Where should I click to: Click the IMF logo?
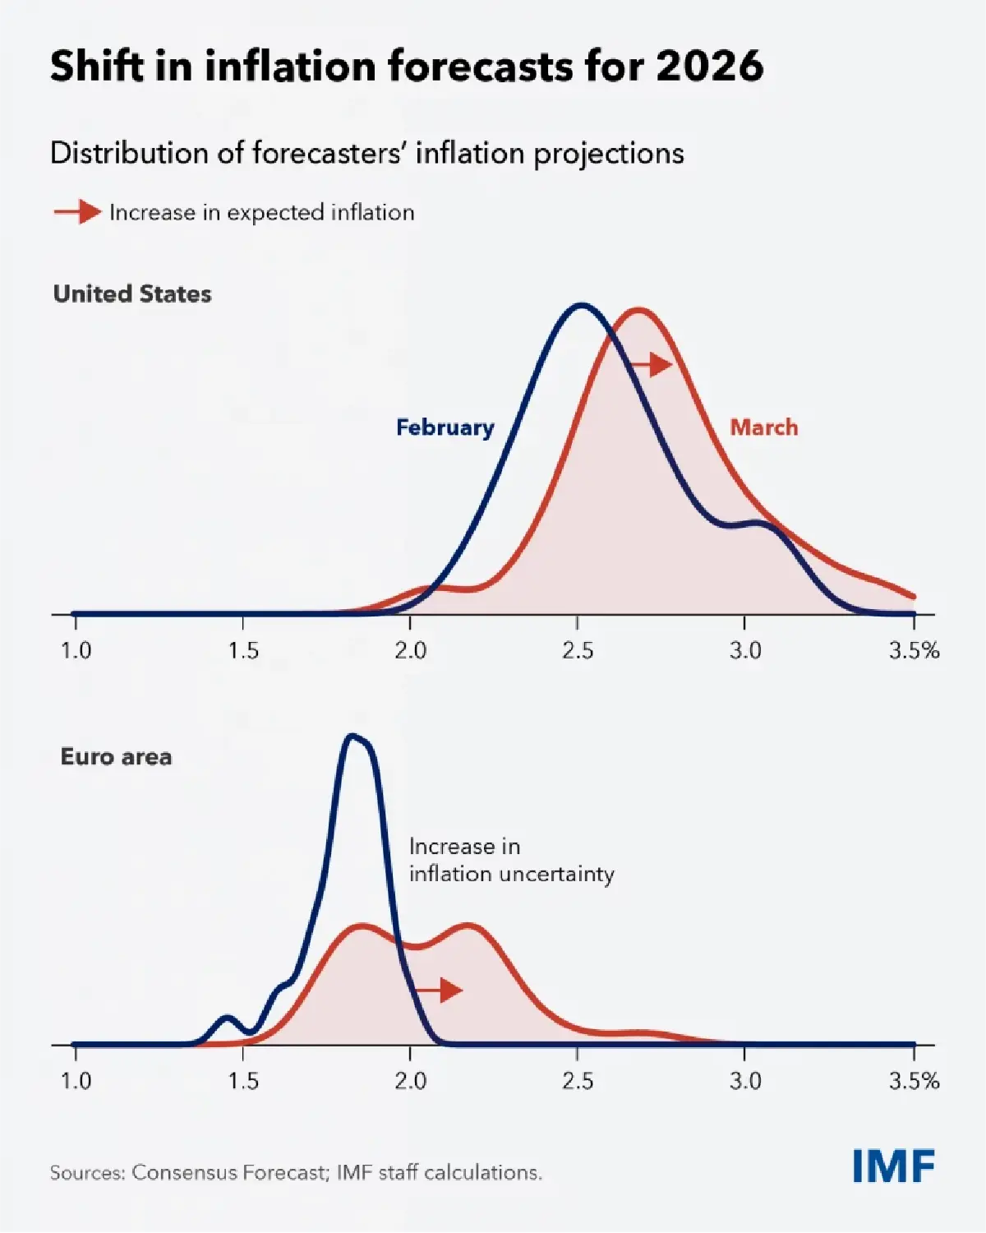(893, 1166)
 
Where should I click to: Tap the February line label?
(445, 427)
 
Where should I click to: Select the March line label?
(763, 427)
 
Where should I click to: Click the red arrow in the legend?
(77, 212)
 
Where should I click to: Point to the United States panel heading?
(132, 294)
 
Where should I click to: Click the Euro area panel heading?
(116, 756)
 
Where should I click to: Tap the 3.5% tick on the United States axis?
(914, 651)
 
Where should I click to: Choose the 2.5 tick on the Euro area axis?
(578, 1081)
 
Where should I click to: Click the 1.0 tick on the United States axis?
(76, 651)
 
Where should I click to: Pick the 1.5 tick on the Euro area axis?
(243, 1081)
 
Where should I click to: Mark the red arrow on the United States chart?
(652, 364)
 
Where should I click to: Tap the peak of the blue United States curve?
(581, 306)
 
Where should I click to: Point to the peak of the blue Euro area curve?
(353, 736)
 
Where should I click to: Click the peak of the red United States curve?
(638, 310)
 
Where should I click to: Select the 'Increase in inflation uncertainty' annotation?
(511, 860)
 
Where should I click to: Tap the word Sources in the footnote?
(85, 1172)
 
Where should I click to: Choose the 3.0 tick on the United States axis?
(745, 651)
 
